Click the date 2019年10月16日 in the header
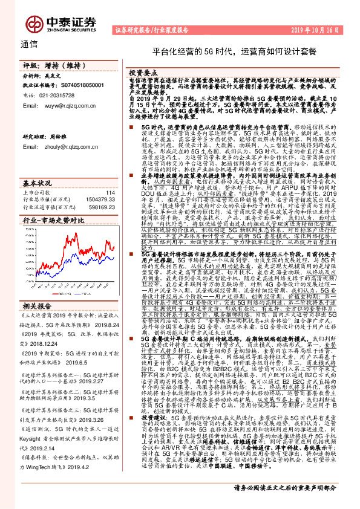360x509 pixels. [x=324, y=29]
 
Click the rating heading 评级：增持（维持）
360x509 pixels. [x=46, y=65]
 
